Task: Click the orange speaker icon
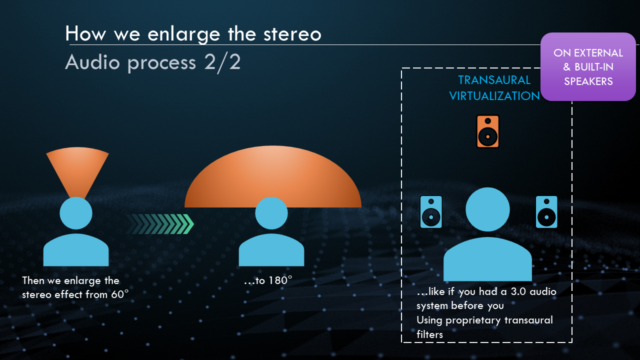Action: (x=487, y=131)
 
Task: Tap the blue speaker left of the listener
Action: (x=431, y=211)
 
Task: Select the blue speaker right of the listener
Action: (x=546, y=211)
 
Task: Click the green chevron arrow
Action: (x=159, y=224)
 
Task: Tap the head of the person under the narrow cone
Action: (x=76, y=213)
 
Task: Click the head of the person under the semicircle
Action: (x=271, y=213)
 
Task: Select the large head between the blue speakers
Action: (x=487, y=209)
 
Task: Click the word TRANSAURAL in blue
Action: (x=494, y=80)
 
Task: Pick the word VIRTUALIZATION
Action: (x=494, y=96)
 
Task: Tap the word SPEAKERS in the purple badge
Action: (x=588, y=81)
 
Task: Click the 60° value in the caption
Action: (x=119, y=294)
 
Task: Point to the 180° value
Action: (x=280, y=280)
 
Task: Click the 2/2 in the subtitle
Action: (x=222, y=62)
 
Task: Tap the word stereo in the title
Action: (x=292, y=34)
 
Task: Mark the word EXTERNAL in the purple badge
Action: (x=598, y=53)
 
